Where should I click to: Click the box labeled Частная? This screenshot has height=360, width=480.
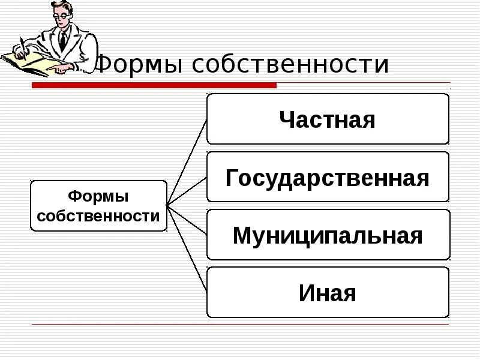point(328,119)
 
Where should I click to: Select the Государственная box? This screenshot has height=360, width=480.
point(328,177)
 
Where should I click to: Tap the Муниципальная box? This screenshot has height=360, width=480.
point(328,235)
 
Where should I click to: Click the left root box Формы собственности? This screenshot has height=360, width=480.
point(98,206)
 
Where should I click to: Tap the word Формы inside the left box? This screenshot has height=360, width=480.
point(98,196)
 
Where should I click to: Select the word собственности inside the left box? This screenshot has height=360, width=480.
point(98,216)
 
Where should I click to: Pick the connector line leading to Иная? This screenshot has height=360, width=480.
point(187,248)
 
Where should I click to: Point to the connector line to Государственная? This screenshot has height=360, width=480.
point(187,191)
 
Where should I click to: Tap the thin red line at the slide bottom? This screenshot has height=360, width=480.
point(240,325)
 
